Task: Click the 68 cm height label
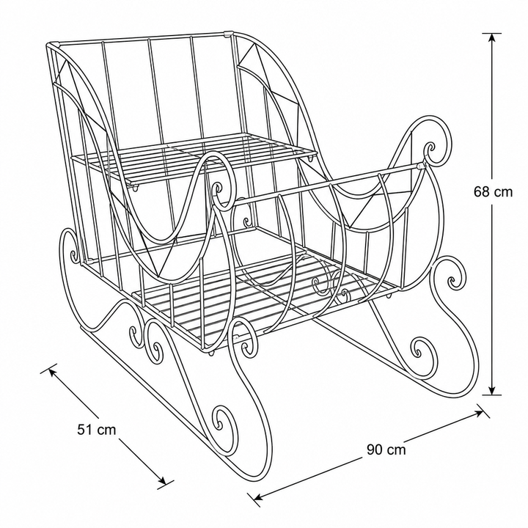pyautogui.click(x=493, y=192)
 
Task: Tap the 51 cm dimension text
pyautogui.click(x=97, y=430)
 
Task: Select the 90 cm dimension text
pyautogui.click(x=386, y=450)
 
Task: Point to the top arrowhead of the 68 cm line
pyautogui.click(x=492, y=38)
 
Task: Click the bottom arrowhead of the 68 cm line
pyautogui.click(x=492, y=390)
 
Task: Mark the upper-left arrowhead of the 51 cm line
pyautogui.click(x=53, y=372)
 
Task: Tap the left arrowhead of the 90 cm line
pyautogui.click(x=259, y=497)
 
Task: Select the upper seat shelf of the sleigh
pyautogui.click(x=193, y=158)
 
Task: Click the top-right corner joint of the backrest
pyautogui.click(x=228, y=34)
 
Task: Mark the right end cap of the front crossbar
pyautogui.click(x=420, y=166)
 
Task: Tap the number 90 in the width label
pyautogui.click(x=374, y=450)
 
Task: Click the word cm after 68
pyautogui.click(x=503, y=192)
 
